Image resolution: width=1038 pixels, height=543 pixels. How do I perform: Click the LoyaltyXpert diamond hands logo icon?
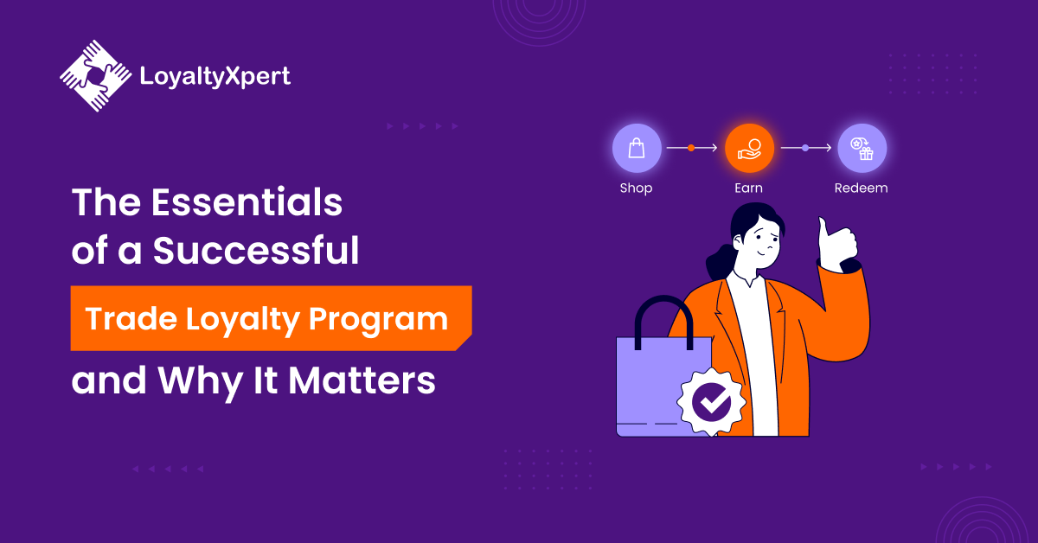coord(95,75)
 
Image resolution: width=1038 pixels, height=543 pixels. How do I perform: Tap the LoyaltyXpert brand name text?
coord(215,76)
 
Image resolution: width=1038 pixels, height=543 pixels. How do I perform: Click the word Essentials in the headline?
coord(247,202)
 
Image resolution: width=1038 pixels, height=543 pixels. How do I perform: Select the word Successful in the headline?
coord(256,250)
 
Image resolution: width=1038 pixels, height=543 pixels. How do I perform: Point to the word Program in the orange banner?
coord(378,320)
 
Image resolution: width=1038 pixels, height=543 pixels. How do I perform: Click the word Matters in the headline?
coord(362,380)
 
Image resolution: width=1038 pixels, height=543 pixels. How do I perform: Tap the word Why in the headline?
coord(200,383)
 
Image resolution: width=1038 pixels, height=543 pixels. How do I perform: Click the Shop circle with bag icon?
coord(637,148)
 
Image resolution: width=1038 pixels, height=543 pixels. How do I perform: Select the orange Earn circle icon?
coord(749,148)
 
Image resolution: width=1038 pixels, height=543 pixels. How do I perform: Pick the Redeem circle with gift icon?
coord(862,148)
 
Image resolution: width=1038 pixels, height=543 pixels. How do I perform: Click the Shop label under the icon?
coord(637,188)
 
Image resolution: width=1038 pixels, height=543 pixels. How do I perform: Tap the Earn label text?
coord(748,188)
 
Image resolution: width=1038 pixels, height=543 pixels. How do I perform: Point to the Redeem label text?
coord(861,188)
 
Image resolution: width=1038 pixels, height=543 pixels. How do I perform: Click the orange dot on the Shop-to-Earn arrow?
coord(691,148)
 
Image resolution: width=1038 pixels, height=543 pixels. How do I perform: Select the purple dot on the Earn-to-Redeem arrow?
coord(805,148)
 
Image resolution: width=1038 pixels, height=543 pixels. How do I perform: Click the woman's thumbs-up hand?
coord(836,245)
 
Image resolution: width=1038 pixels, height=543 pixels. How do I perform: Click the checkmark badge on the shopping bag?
coord(711,402)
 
